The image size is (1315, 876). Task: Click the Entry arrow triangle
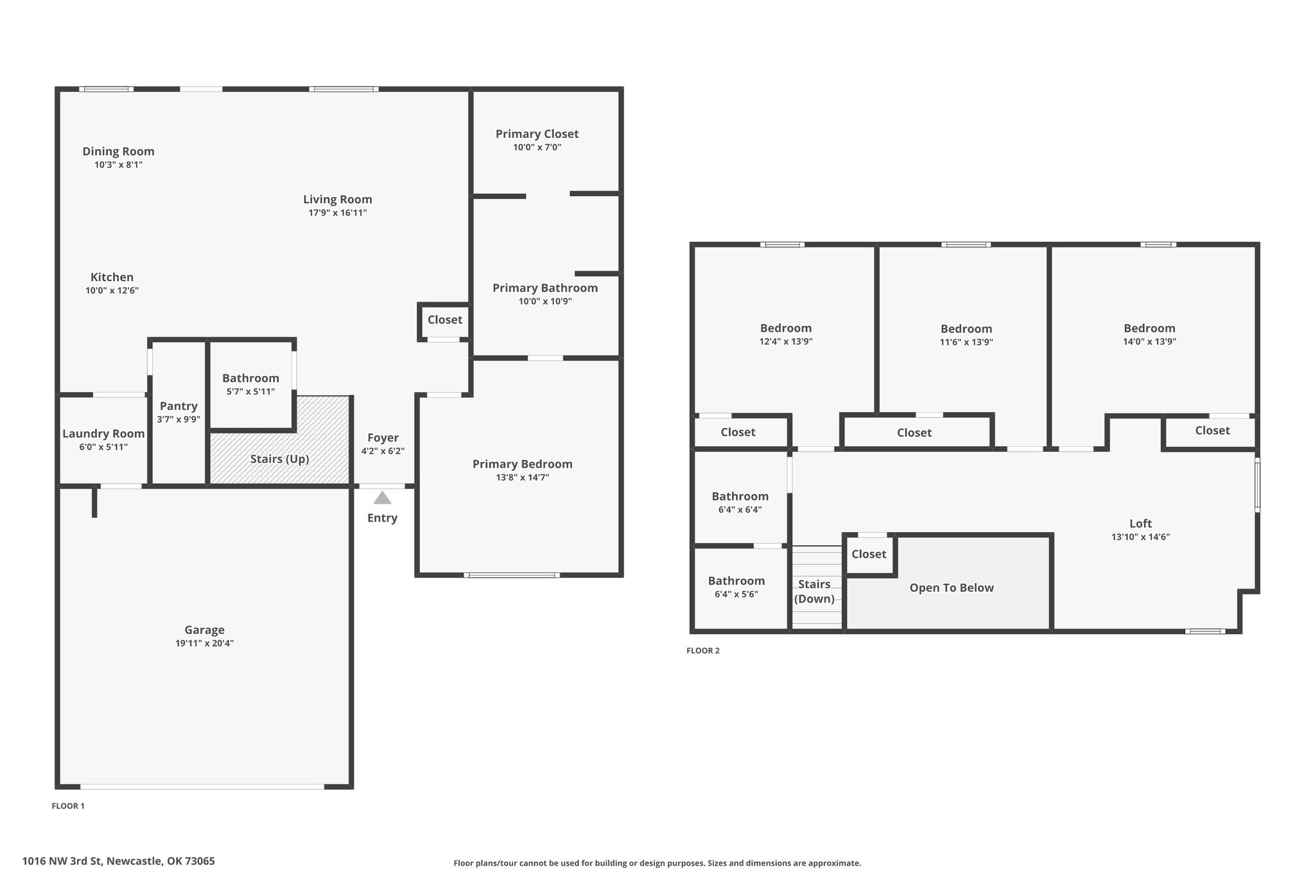click(382, 497)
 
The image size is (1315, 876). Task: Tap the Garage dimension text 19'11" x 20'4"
click(204, 643)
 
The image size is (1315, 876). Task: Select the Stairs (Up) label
click(279, 459)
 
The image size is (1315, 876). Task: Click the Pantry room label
click(179, 406)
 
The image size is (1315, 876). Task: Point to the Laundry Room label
click(103, 434)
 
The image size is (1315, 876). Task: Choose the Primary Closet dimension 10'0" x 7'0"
click(537, 147)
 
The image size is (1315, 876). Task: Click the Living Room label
click(338, 200)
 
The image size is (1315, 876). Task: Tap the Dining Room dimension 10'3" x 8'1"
click(118, 164)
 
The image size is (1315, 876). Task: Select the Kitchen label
click(112, 277)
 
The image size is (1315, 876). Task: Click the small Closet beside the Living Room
click(444, 320)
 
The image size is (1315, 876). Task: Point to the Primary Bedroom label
click(522, 464)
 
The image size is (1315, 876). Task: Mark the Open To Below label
click(952, 588)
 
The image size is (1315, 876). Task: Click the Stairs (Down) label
click(814, 592)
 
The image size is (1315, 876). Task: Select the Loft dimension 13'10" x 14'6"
click(1140, 537)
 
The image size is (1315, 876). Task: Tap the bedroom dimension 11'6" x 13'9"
click(966, 342)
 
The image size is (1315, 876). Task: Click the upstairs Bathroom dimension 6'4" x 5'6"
click(736, 594)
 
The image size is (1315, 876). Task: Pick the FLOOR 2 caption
click(703, 651)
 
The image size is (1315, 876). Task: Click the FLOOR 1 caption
click(68, 806)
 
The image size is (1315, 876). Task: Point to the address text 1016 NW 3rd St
click(62, 861)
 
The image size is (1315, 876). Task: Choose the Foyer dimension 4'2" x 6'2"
click(383, 451)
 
